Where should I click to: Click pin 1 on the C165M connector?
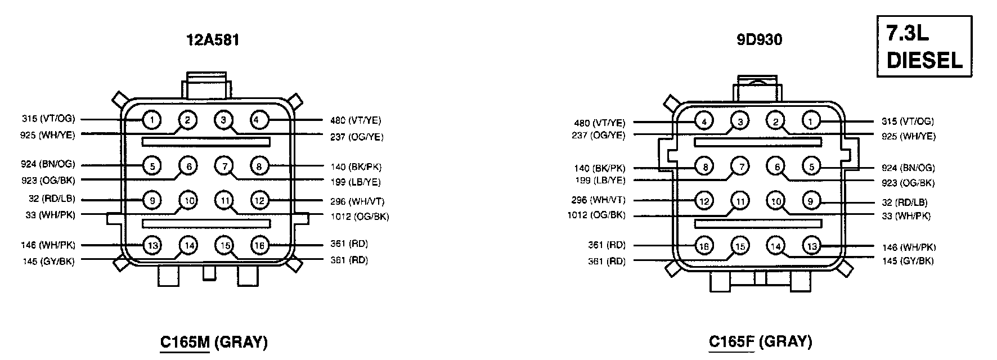point(152,119)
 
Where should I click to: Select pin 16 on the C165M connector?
point(261,245)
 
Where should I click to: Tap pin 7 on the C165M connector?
point(224,166)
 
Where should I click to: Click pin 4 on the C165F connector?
point(704,121)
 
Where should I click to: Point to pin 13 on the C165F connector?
point(811,246)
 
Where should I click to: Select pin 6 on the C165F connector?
point(776,166)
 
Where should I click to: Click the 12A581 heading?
point(213,40)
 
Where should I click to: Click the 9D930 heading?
point(759,40)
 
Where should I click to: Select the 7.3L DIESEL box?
point(924,46)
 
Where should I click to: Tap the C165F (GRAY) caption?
point(760,341)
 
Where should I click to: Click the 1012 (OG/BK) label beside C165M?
point(360,217)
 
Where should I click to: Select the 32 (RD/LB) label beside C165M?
point(51,199)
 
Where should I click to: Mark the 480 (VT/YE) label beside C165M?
point(356,120)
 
